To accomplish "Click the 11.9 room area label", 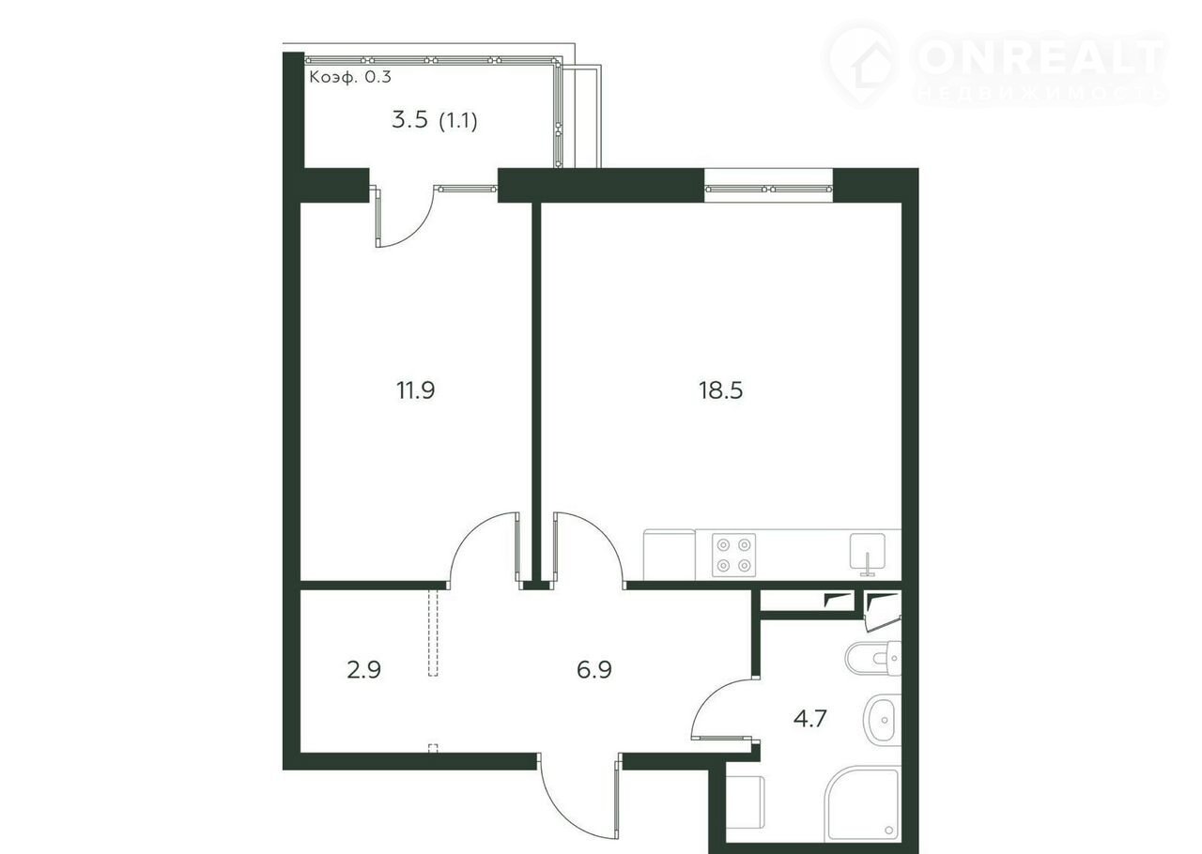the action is click(x=415, y=390).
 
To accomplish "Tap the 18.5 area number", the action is click(x=720, y=390).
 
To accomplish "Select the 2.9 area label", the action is click(x=363, y=669).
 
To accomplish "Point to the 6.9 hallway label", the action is click(x=594, y=669).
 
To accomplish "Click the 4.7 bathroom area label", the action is click(x=809, y=718).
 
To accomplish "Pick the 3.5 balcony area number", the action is click(x=410, y=119).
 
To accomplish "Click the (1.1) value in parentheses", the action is click(x=458, y=121).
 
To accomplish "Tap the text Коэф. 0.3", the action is click(x=350, y=77).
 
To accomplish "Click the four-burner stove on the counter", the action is click(x=733, y=556).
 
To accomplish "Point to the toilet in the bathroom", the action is click(x=873, y=658).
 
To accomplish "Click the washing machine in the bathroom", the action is click(x=745, y=801).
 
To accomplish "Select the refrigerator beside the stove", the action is click(x=669, y=555).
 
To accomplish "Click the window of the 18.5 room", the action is click(x=768, y=189).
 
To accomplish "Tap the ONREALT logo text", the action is click(x=1040, y=56).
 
